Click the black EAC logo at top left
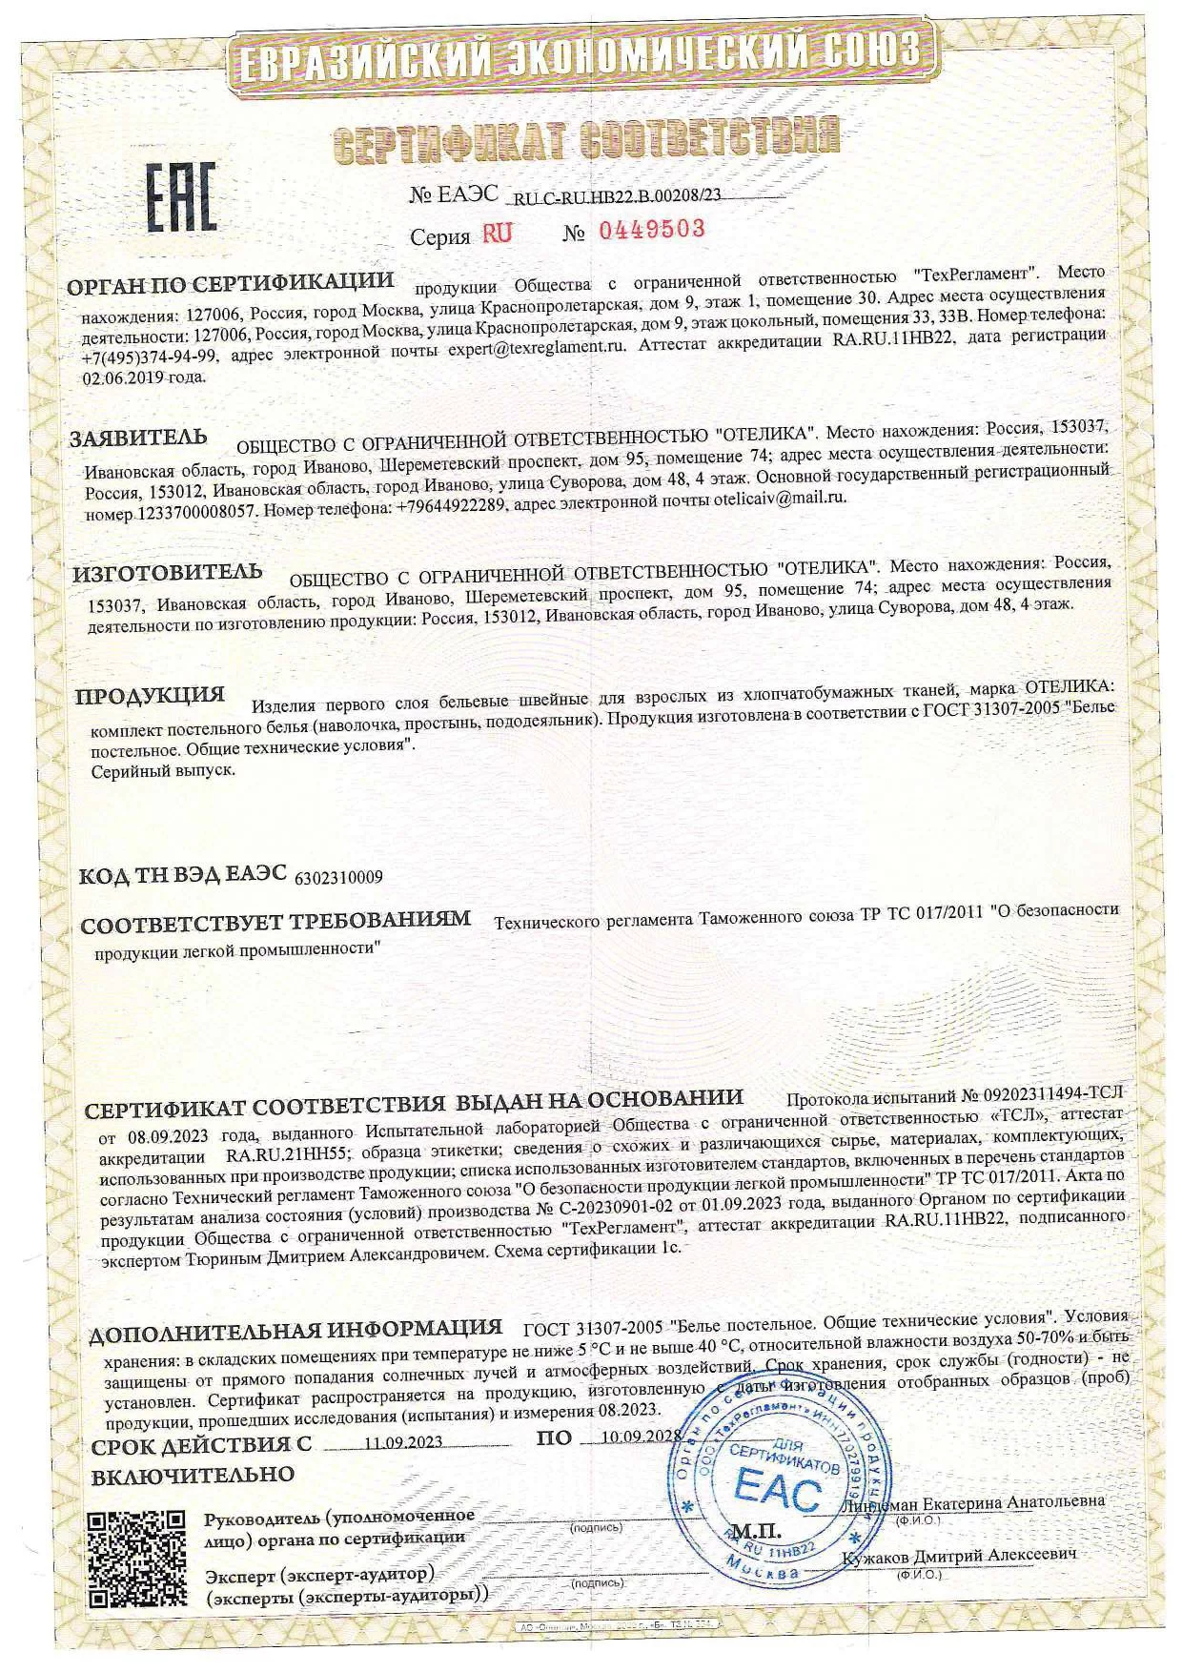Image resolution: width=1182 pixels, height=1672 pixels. coord(180,198)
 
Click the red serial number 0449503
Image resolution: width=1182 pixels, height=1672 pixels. coord(650,230)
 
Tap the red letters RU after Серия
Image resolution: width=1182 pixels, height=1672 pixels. coord(497,234)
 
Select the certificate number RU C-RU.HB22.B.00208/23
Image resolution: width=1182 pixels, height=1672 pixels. coord(618,197)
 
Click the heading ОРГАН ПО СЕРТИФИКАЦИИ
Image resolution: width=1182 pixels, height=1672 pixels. coord(231,282)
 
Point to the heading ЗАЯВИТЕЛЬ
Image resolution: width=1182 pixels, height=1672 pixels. coord(138,438)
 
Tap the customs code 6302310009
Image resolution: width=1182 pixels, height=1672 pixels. coord(340,877)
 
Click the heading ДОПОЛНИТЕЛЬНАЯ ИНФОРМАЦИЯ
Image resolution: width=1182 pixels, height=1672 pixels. coord(295,1329)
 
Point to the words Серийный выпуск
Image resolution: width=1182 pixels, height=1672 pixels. coord(162,770)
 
